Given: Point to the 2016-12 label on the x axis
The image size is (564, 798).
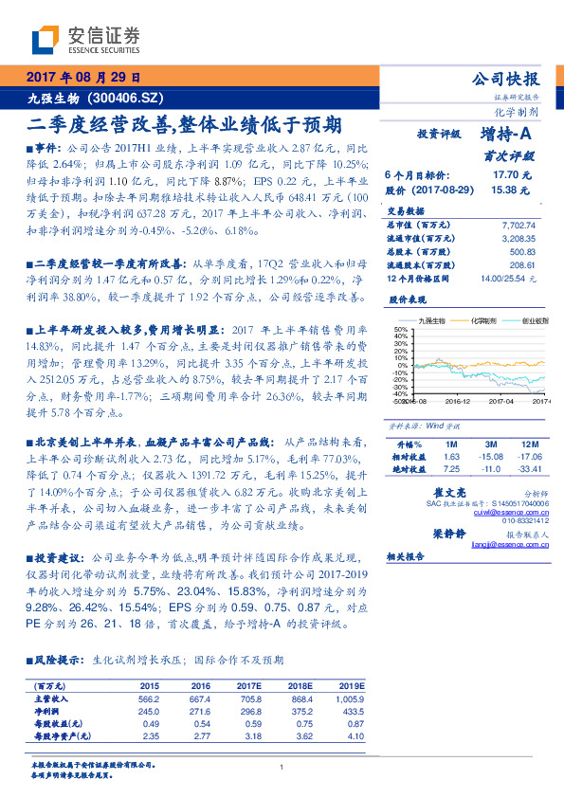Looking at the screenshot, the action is [459, 402].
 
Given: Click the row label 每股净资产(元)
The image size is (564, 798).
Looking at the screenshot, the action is [64, 735].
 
